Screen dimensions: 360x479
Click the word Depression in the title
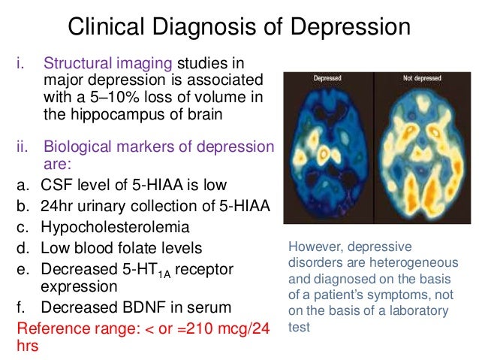pyautogui.click(x=353, y=28)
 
